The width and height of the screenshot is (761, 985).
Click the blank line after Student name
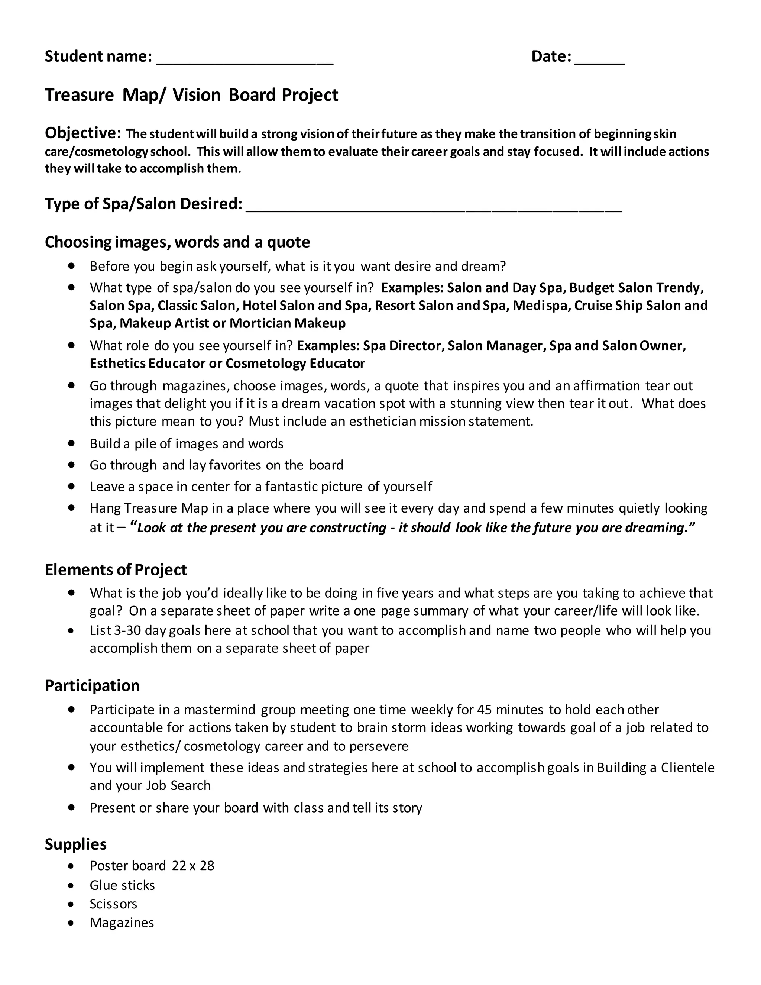[245, 59]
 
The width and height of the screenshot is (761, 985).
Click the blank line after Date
[600, 59]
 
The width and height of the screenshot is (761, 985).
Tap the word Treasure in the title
[80, 95]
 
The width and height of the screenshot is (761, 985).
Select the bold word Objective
[82, 133]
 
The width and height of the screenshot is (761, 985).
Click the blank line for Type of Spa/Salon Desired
[433, 205]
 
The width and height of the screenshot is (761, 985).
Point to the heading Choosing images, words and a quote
[177, 242]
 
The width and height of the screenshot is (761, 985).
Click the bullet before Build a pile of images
[71, 443]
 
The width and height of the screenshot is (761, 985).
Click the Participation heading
[92, 685]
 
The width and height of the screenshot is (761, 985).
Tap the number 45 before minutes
[484, 710]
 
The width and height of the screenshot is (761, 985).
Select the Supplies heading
[75, 844]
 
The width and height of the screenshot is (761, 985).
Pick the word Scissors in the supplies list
[113, 904]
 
